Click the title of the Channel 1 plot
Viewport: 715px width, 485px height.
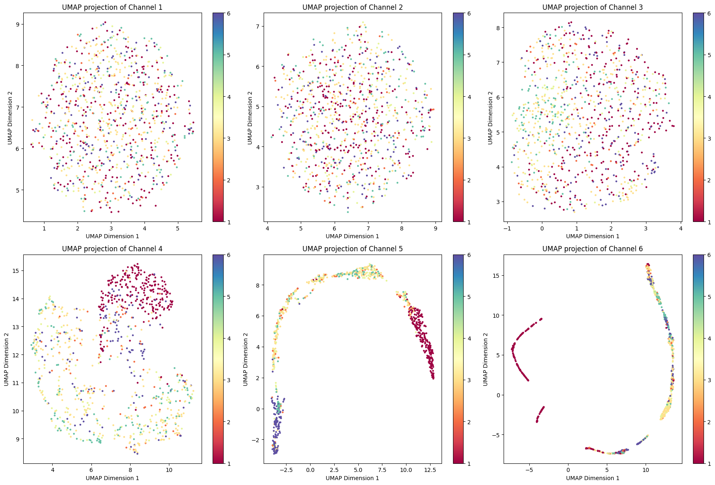point(112,7)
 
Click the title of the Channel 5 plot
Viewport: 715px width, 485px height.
point(352,249)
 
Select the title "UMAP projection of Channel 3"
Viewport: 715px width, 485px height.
point(592,7)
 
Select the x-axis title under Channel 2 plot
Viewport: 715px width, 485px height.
point(352,236)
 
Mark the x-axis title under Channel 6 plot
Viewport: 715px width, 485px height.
point(592,478)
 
